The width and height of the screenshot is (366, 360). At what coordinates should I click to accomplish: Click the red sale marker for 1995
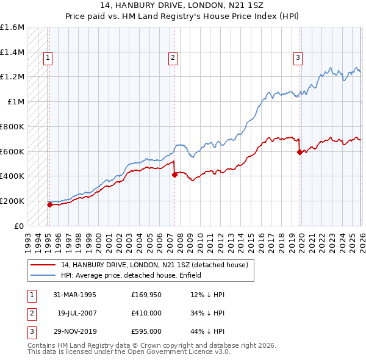(49, 204)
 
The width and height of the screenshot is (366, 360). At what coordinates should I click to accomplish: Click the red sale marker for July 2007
(174, 175)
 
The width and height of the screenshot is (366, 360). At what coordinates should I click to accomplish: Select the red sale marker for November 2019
(300, 152)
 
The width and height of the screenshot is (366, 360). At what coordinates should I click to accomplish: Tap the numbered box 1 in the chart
(48, 58)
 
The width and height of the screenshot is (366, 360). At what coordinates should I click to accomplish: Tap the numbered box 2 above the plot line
(173, 58)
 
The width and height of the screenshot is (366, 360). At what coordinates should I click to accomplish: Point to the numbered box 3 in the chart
(298, 58)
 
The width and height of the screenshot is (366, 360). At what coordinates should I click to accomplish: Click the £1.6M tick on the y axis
(12, 27)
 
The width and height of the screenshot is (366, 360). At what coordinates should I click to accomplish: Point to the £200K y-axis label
(12, 201)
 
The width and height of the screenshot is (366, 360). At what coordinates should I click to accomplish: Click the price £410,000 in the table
(146, 313)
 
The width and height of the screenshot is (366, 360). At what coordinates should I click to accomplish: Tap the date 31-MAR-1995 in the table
(74, 295)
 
